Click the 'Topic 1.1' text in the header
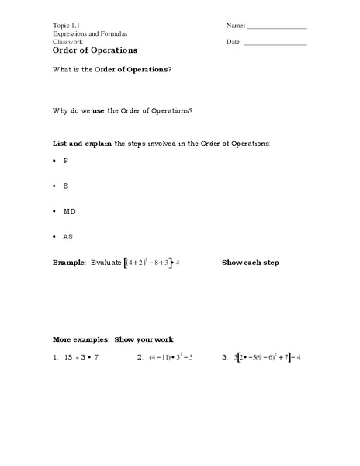coord(66,26)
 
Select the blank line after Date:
coord(275,43)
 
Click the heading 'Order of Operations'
coord(95,50)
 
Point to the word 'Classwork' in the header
coord(68,42)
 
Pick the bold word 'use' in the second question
coord(99,110)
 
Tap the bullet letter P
coord(66,160)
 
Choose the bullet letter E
coord(66,186)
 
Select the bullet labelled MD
coord(70,211)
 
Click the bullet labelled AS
coord(69,236)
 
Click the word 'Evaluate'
coord(106,263)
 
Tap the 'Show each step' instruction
coord(250,263)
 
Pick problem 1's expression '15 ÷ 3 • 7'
coord(81,358)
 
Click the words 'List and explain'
coord(81,144)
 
